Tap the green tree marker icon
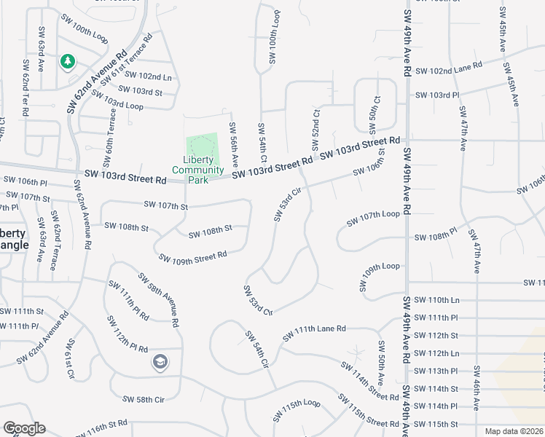68,62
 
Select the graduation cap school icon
160,361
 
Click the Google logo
24,428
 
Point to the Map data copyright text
514,431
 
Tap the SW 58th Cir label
144,399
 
